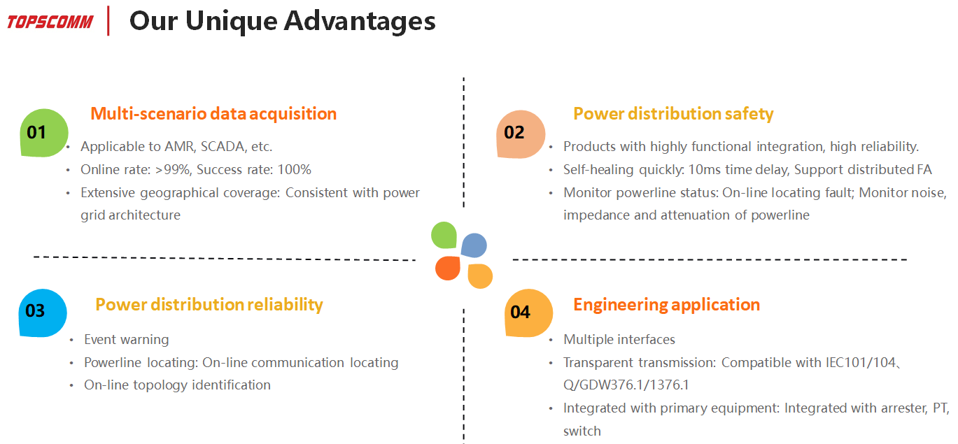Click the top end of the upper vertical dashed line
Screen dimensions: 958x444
coord(463,78)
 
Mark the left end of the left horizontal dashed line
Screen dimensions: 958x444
coord(34,257)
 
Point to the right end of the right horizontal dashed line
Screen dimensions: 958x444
coord(907,259)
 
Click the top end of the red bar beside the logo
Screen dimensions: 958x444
coord(108,6)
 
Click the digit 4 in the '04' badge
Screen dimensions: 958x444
coord(526,313)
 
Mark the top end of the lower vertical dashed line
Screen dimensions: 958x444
coord(463,309)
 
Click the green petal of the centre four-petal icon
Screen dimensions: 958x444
coord(444,235)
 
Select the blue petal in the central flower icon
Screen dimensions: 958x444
coord(474,245)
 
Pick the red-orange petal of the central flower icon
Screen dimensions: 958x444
coord(448,268)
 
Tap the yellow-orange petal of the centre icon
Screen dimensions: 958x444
coord(480,276)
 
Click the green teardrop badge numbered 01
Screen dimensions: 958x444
coord(44,132)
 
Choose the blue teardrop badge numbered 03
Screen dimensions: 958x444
coord(43,313)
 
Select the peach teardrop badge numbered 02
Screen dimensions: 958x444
coord(521,134)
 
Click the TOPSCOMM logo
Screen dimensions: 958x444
coord(50,22)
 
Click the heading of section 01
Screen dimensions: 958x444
coord(213,114)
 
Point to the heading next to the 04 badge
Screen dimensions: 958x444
coord(666,305)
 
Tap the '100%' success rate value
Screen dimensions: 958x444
coord(294,170)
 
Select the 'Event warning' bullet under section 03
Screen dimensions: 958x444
coord(127,340)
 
